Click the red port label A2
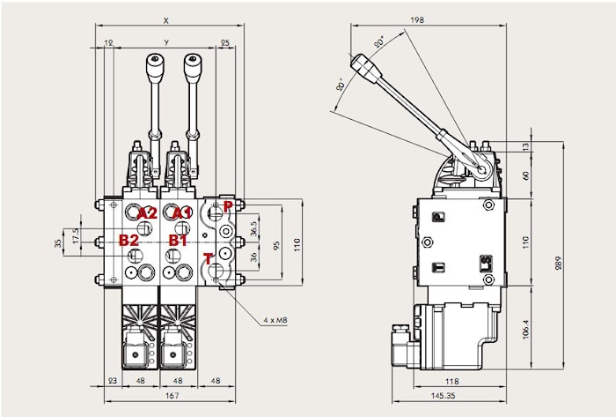click(x=147, y=213)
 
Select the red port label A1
click(x=183, y=213)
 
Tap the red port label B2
click(x=128, y=240)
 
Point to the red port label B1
click(x=178, y=240)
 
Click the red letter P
click(x=228, y=206)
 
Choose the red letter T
click(x=208, y=259)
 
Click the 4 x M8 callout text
click(x=275, y=320)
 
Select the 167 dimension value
click(x=172, y=395)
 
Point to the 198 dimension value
click(x=417, y=19)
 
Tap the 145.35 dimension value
click(x=444, y=395)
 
